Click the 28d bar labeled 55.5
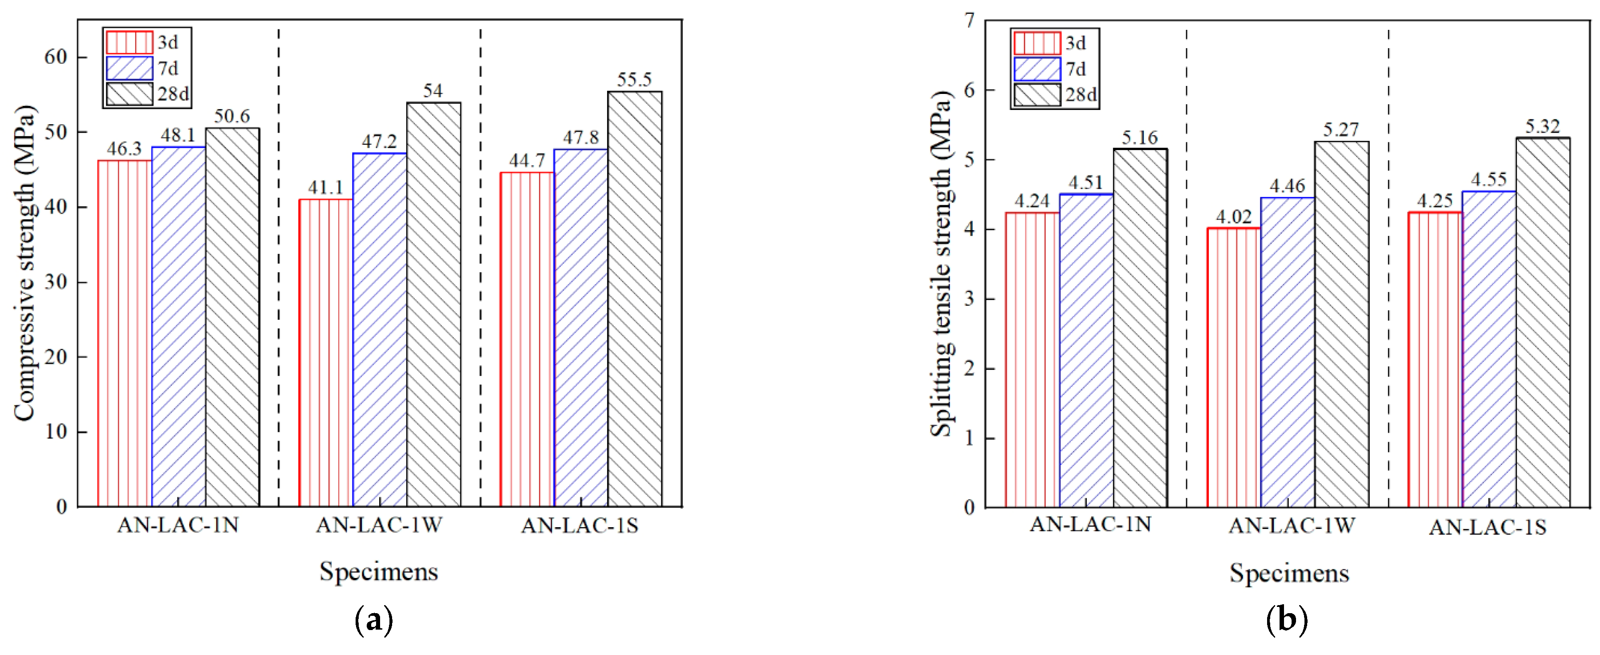635,298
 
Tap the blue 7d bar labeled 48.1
178,326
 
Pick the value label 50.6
232,116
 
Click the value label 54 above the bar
433,91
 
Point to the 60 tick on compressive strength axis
56,57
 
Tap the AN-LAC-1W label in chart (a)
379,526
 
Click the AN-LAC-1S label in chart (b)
1487,528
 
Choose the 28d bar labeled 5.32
1543,322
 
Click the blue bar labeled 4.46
1288,352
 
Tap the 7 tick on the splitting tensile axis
969,20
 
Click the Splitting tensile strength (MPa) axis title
941,264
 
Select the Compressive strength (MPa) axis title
25,264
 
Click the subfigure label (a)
374,620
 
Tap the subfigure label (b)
1286,620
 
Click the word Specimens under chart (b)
1289,573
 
